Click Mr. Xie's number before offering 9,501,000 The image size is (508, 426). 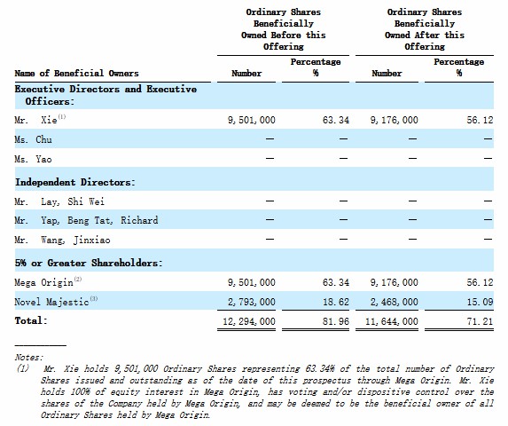[x=252, y=121]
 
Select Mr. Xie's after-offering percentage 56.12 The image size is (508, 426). [x=480, y=121]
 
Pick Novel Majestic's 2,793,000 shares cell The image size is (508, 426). [x=252, y=302]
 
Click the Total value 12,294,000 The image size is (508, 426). [x=249, y=321]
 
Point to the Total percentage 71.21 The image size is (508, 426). [x=480, y=321]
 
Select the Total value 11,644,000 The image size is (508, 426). [x=392, y=321]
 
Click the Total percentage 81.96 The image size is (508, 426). [x=336, y=321]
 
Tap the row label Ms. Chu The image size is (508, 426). [x=33, y=139]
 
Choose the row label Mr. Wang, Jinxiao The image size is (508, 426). [x=62, y=240]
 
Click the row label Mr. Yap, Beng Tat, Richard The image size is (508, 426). [x=86, y=220]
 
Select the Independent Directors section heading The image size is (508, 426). [x=74, y=182]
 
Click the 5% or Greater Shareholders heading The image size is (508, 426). [x=89, y=263]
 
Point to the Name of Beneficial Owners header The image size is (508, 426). [x=76, y=74]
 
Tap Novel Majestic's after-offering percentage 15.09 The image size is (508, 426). [x=480, y=302]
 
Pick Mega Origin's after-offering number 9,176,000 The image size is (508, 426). [x=395, y=282]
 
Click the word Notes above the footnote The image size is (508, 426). [x=29, y=358]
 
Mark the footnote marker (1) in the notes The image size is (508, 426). [x=23, y=368]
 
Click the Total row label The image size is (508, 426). [x=31, y=320]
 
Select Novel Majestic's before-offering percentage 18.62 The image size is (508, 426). [x=336, y=302]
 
